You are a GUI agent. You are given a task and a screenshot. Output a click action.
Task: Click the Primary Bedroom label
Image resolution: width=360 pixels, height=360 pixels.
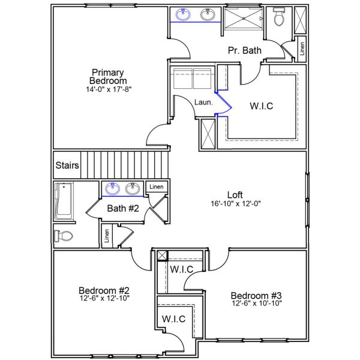[108, 76]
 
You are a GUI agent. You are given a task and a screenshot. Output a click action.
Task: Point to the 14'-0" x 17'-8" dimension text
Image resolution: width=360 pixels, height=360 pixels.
[108, 89]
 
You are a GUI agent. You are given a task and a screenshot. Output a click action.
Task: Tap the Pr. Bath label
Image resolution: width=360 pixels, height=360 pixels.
[244, 50]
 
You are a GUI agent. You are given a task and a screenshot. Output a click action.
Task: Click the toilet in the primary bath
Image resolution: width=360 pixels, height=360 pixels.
[278, 19]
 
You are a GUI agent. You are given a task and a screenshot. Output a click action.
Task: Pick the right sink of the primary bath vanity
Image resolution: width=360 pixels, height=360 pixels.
[208, 16]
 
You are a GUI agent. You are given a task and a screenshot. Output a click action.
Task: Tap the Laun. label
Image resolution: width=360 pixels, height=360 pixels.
[203, 103]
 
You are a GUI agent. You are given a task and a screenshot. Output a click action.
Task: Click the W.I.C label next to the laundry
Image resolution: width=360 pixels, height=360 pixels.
[261, 106]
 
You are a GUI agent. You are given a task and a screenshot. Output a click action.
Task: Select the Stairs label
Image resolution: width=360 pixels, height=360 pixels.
[65, 165]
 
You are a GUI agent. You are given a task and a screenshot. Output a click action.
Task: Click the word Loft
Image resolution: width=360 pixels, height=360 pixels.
[235, 194]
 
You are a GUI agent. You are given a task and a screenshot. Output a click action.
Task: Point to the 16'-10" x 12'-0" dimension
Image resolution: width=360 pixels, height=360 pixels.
[235, 203]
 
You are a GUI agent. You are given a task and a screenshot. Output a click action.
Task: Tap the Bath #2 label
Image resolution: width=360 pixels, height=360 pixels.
[123, 209]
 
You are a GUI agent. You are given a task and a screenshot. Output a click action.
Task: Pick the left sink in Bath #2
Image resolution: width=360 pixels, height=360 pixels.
[112, 189]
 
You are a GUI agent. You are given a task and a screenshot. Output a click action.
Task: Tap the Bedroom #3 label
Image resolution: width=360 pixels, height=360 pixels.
[256, 295]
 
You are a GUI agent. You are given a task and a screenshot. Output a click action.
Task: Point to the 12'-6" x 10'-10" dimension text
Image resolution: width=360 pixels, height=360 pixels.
[256, 304]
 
